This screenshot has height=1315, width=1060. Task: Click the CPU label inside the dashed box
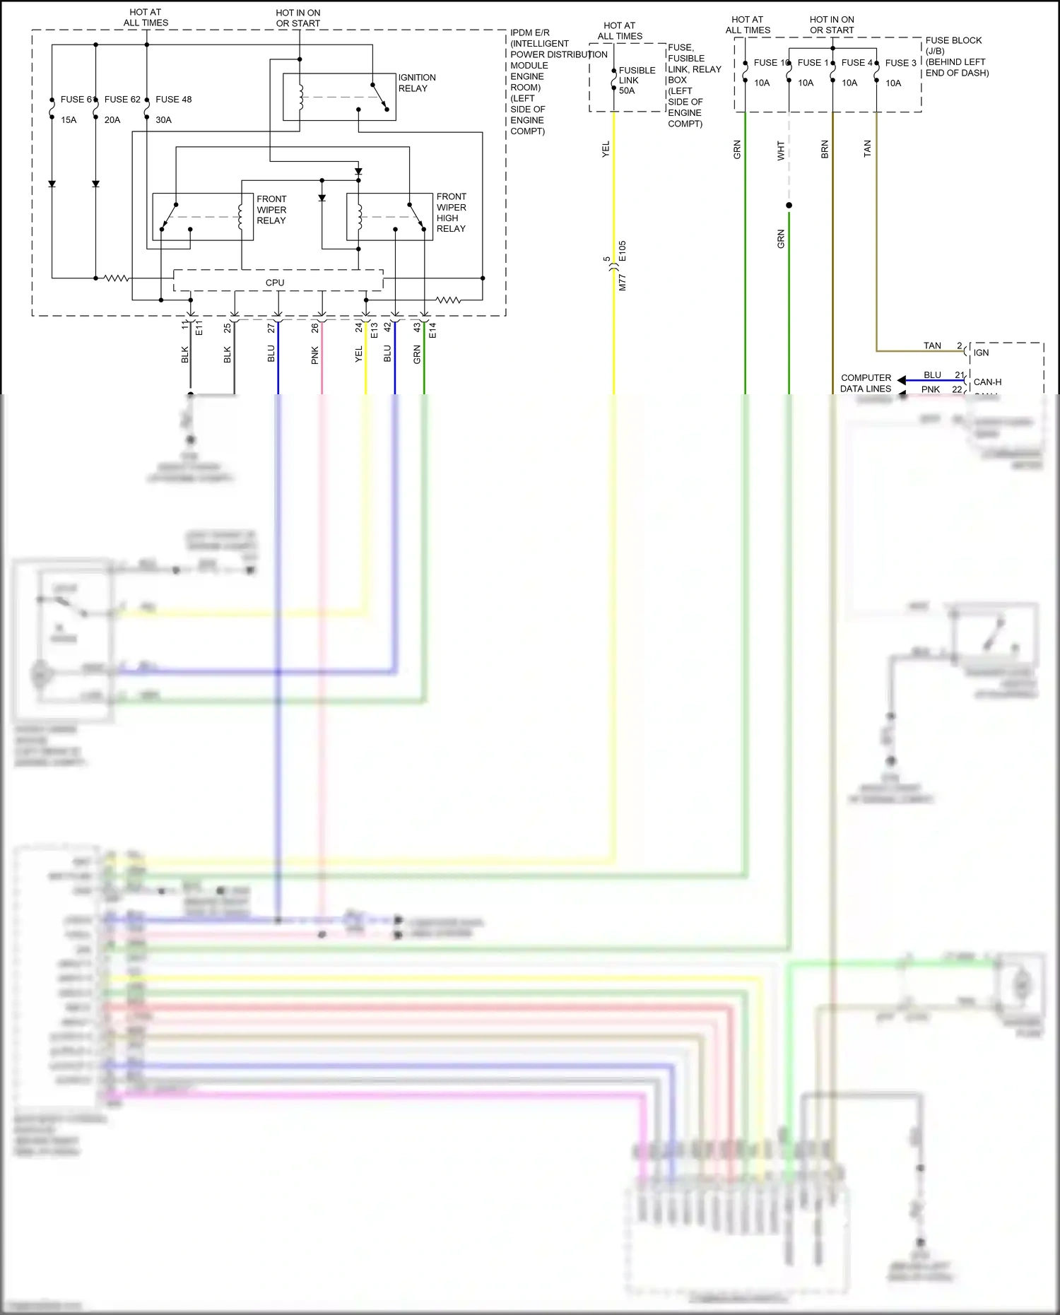(275, 283)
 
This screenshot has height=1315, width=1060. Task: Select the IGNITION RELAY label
(417, 83)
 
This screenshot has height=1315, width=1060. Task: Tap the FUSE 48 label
(174, 100)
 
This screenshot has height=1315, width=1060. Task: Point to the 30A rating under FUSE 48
(163, 120)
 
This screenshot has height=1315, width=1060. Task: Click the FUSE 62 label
(122, 100)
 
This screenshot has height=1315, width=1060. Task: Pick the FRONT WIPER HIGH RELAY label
(451, 213)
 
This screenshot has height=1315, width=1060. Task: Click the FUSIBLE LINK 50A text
(637, 81)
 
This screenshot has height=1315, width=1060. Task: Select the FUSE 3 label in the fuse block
(900, 63)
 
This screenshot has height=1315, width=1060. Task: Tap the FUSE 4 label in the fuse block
(856, 63)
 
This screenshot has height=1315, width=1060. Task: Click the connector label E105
(623, 252)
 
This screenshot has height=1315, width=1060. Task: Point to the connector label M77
(623, 283)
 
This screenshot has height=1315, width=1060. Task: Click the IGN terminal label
(981, 353)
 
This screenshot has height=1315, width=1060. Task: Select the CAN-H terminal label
(987, 382)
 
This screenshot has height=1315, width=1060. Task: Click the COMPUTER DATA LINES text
(866, 383)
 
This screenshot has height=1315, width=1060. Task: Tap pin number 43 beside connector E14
(417, 328)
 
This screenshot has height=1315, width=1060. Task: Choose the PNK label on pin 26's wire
(315, 355)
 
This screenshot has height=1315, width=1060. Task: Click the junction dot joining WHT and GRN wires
(789, 206)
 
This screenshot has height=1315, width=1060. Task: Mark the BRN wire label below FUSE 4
(825, 149)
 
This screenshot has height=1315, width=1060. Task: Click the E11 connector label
(199, 328)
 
